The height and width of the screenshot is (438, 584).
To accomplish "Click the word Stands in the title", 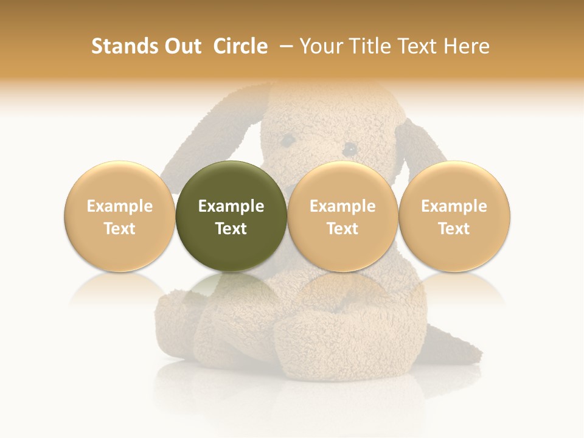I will [120, 46].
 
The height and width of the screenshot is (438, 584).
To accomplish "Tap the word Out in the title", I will [181, 46].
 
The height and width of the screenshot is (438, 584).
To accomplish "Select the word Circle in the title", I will [240, 46].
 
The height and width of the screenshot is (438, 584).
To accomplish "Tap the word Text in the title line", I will [419, 46].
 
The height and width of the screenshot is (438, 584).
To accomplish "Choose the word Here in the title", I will [467, 46].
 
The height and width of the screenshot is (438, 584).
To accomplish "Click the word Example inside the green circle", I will [231, 206].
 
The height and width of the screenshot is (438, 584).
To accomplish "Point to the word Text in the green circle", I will [231, 229].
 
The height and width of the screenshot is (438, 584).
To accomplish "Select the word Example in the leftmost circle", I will [119, 206].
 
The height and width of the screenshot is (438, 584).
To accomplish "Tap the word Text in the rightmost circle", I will [454, 229].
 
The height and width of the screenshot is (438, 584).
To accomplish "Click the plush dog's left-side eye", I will [287, 140].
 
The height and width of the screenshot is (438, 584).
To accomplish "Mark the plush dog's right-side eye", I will [349, 148].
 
